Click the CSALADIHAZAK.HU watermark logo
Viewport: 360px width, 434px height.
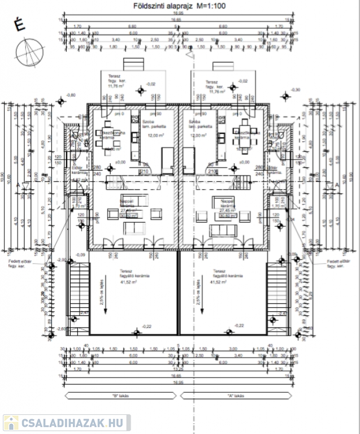pyautogui.click(x=66, y=423)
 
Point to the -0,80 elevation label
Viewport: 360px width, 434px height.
pyautogui.click(x=71, y=95)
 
